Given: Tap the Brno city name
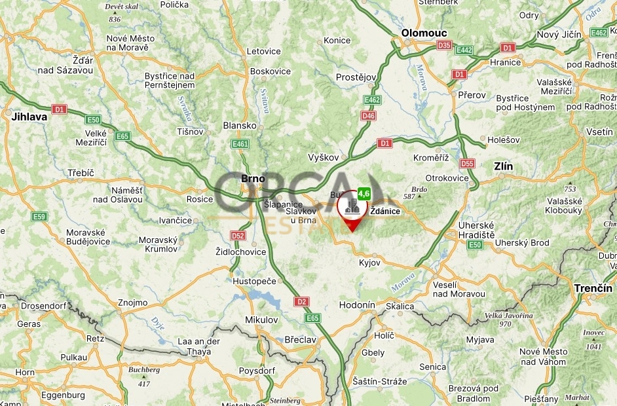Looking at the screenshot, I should coord(253,177).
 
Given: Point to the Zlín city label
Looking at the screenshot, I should coord(504,166).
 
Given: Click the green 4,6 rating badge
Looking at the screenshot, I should coord(364,193).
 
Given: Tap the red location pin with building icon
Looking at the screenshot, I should coord(352,208).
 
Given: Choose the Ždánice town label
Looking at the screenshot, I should coord(385,211).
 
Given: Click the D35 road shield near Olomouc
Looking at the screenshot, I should coord(444,46).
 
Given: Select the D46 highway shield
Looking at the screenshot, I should coord(369,116).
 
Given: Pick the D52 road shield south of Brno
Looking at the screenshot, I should coord(238,236).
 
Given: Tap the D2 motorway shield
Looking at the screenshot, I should coord(301,302).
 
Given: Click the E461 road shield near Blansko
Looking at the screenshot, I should coord(240,143).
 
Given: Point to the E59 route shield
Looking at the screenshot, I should coord(39,216).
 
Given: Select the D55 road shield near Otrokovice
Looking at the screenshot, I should coord(467,164).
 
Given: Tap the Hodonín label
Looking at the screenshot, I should coord(357,305).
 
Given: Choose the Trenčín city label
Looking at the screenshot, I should coord(593,288).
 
